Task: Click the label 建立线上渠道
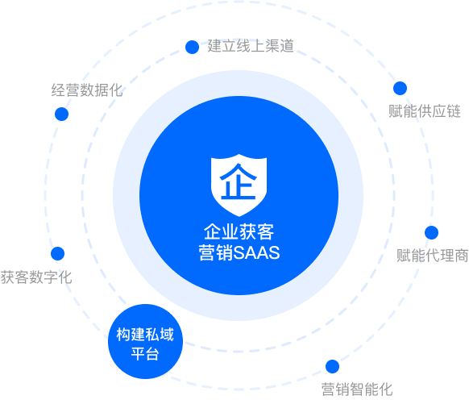click(x=251, y=46)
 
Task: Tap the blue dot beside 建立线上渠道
click(x=192, y=47)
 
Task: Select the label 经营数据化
click(x=87, y=90)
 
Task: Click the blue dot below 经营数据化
click(x=61, y=114)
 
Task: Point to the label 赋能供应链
click(x=425, y=111)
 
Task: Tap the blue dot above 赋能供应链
click(x=400, y=89)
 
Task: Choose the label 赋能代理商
click(x=433, y=256)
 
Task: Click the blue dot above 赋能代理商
click(x=431, y=232)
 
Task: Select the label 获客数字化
click(x=36, y=277)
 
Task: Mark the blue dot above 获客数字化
click(x=58, y=253)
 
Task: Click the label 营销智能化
click(x=357, y=390)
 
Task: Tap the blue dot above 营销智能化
click(x=332, y=366)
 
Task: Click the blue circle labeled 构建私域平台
click(x=145, y=342)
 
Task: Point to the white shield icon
click(x=239, y=185)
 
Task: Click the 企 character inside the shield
click(x=239, y=181)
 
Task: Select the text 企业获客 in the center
click(x=239, y=231)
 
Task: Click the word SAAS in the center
click(x=256, y=252)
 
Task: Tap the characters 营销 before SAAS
click(x=216, y=252)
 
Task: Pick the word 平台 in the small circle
click(x=145, y=353)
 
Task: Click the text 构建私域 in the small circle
click(x=145, y=335)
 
